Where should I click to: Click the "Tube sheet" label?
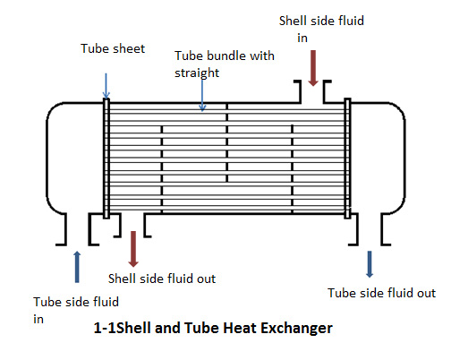113,48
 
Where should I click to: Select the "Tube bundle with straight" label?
224,64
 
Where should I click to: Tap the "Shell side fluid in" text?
321,29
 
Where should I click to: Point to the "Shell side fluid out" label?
162,279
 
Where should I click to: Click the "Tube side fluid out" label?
382,293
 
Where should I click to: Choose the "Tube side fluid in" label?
76,310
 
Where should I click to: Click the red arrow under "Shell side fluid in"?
313,68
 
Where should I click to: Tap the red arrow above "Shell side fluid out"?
133,249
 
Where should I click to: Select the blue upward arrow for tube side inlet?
77,267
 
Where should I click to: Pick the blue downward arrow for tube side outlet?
370,264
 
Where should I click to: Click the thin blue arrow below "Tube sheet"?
106,86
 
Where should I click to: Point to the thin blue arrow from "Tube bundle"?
202,95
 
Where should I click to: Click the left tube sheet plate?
106,159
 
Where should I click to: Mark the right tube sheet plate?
347,159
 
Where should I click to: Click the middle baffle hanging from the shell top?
227,142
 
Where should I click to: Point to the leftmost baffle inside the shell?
162,169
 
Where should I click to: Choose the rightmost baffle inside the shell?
293,169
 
